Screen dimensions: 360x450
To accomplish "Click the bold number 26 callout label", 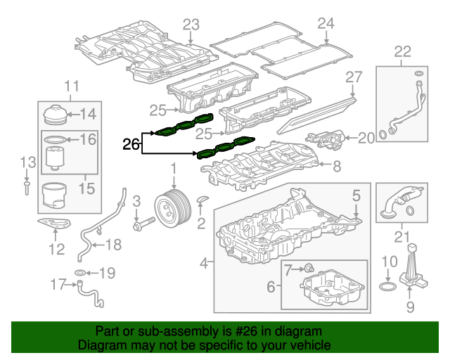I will pyautogui.click(x=131, y=145).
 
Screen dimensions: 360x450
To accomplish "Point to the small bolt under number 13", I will pyautogui.click(x=26, y=186).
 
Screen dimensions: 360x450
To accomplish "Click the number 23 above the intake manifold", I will pyautogui.click(x=192, y=25).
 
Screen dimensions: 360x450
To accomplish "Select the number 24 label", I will pyautogui.click(x=324, y=24).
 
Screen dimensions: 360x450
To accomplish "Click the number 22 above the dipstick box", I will pyautogui.click(x=402, y=50).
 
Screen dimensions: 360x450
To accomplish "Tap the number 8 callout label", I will pyautogui.click(x=336, y=167).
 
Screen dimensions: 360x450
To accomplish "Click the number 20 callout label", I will pyautogui.click(x=366, y=138).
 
